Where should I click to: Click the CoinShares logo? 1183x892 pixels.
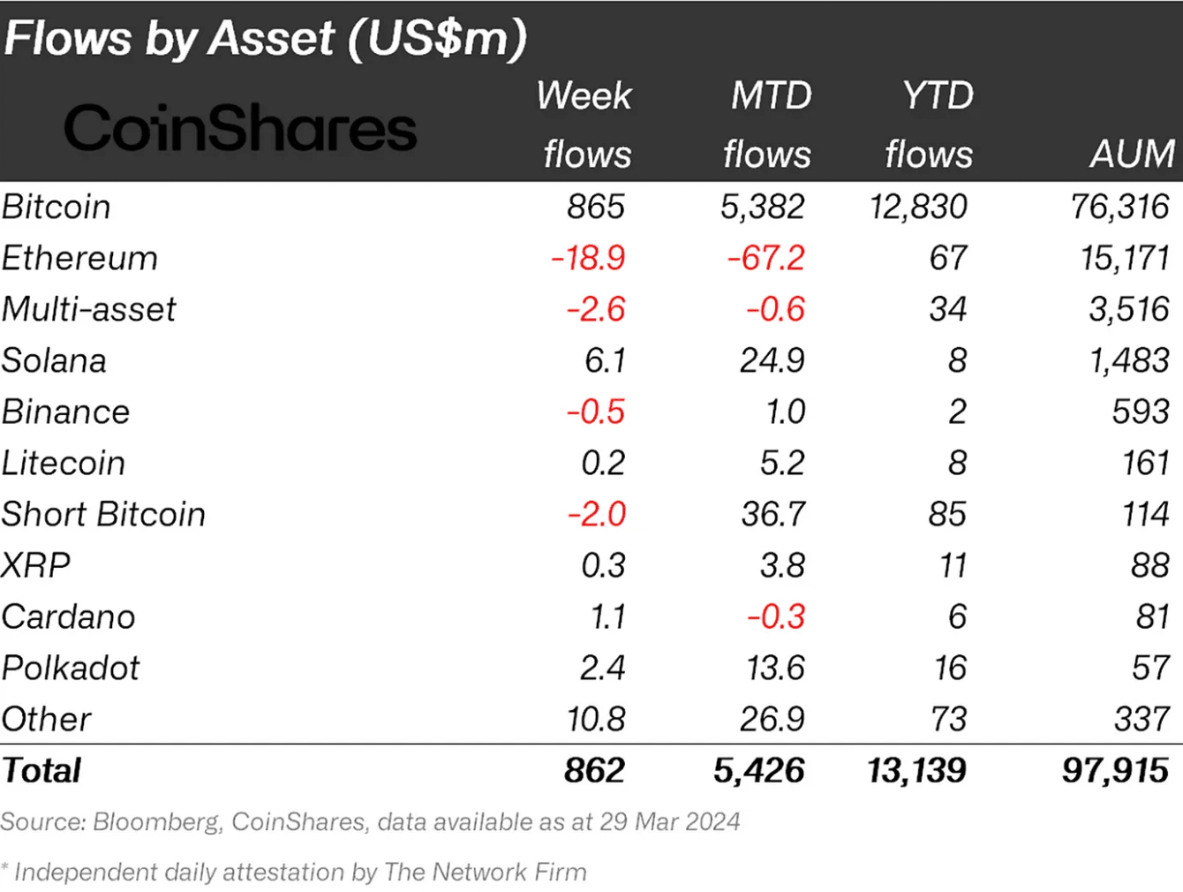tap(239, 128)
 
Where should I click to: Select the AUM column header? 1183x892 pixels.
tap(1132, 154)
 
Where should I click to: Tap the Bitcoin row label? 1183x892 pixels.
tap(57, 207)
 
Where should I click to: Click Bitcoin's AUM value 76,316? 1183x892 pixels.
tap(1119, 207)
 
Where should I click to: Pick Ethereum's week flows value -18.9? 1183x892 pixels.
tap(588, 258)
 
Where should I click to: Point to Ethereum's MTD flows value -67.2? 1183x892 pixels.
tap(765, 258)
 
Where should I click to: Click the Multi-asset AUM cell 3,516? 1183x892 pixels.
tap(1128, 309)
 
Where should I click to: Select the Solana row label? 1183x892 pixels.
tap(54, 360)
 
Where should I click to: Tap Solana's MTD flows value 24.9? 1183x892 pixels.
tap(772, 360)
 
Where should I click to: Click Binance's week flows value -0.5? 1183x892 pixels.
tap(596, 412)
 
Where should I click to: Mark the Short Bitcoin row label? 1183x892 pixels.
tap(103, 514)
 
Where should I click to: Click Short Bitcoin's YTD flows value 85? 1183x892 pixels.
tap(946, 514)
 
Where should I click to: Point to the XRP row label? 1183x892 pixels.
tap(36, 565)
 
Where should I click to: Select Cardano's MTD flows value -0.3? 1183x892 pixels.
tap(776, 616)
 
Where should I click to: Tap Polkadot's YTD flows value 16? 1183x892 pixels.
tap(950, 668)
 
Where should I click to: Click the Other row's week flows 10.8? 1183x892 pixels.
tap(596, 719)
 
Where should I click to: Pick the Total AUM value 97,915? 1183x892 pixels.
tap(1115, 770)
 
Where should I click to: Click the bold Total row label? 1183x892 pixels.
tap(41, 770)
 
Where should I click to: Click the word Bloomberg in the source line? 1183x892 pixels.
tap(156, 821)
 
